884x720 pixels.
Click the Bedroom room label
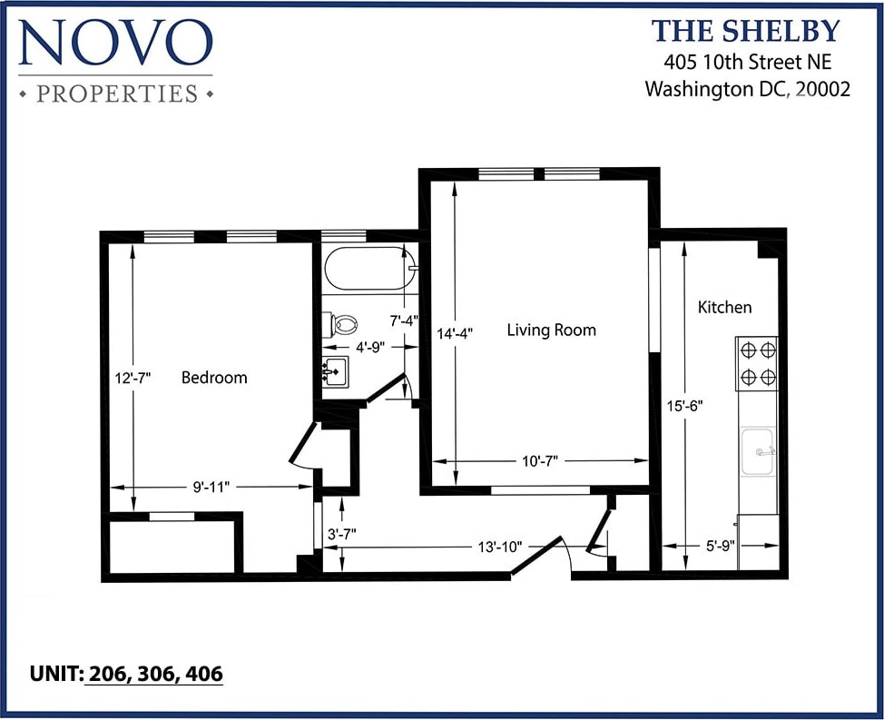214,378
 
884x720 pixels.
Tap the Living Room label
551,330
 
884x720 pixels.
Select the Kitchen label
724,307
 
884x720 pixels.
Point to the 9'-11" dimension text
211,487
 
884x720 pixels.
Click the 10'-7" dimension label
539,461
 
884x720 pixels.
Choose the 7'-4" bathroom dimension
404,320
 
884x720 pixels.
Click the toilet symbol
340,323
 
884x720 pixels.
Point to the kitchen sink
758,452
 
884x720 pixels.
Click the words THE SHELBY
746,31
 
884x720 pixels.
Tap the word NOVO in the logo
114,44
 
